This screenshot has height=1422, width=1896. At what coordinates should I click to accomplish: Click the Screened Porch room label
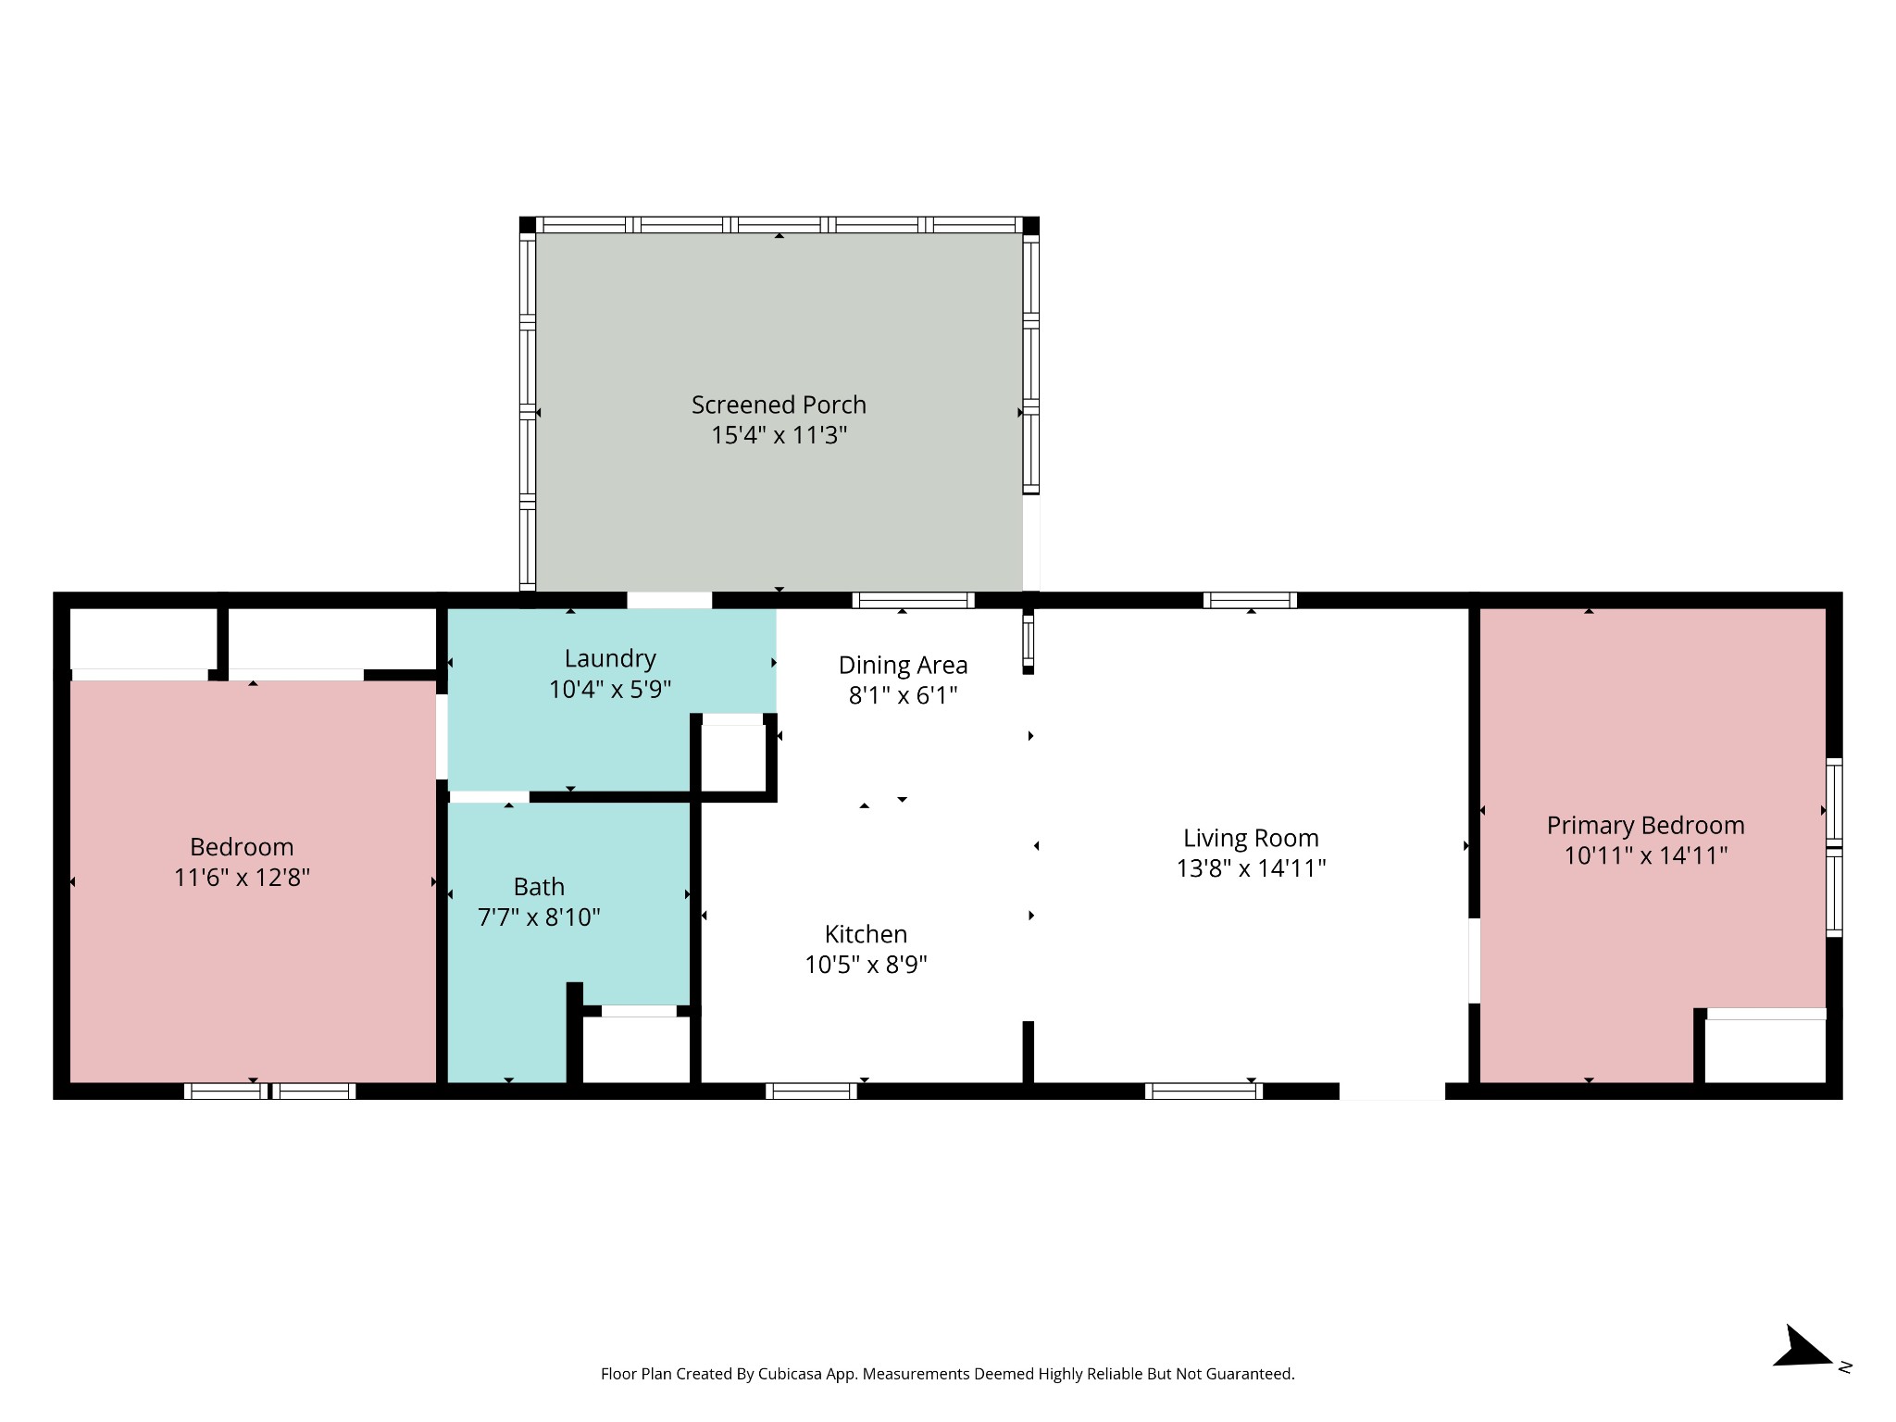779,405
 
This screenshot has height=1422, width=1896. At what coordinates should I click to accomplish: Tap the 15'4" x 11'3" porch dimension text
779,435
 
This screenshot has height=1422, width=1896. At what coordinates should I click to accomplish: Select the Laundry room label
610,659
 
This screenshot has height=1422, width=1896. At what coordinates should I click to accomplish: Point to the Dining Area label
903,665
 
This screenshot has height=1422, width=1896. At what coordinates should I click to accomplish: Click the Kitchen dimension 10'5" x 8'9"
866,965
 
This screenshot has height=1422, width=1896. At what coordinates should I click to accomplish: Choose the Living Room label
1251,839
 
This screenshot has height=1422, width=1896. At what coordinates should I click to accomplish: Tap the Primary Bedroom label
1645,826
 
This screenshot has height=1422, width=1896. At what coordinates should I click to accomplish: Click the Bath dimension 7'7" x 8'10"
539,917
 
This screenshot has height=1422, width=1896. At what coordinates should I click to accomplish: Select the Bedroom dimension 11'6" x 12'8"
242,878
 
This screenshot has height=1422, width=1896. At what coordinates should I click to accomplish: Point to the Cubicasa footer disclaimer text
947,1374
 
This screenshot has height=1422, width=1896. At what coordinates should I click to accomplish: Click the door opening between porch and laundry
669,600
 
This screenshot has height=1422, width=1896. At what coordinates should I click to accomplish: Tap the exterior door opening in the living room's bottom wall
1392,1091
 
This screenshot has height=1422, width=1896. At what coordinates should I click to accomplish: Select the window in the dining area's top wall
913,600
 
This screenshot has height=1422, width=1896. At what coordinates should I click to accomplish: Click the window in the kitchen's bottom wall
811,1091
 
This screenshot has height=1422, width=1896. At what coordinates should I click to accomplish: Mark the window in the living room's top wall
1250,600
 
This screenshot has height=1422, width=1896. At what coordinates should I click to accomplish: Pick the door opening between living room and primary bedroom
1474,960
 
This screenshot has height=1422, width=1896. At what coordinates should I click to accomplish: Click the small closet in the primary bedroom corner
1765,1050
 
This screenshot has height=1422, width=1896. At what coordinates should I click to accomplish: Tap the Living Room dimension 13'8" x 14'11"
1251,868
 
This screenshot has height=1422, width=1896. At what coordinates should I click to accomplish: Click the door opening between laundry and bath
489,797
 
